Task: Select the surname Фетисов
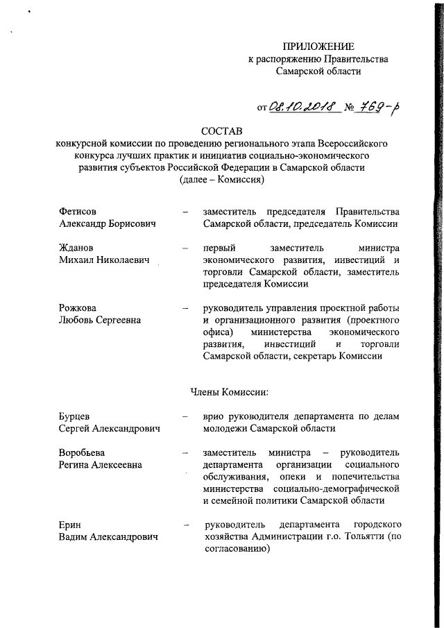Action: tap(78, 211)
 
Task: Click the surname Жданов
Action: tap(77, 248)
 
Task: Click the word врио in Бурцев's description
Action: tap(214, 416)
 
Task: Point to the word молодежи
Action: tap(227, 429)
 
